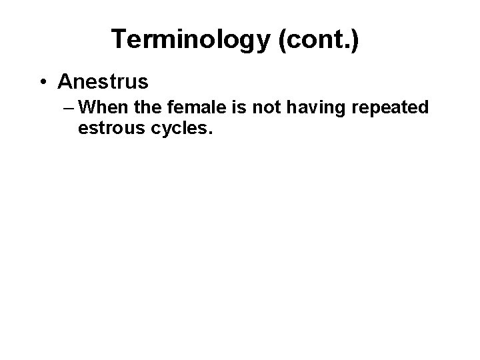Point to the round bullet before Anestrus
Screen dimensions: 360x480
point(43,82)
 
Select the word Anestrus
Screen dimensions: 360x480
point(103,82)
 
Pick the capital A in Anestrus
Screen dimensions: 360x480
point(65,82)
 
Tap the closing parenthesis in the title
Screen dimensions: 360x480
point(355,40)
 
